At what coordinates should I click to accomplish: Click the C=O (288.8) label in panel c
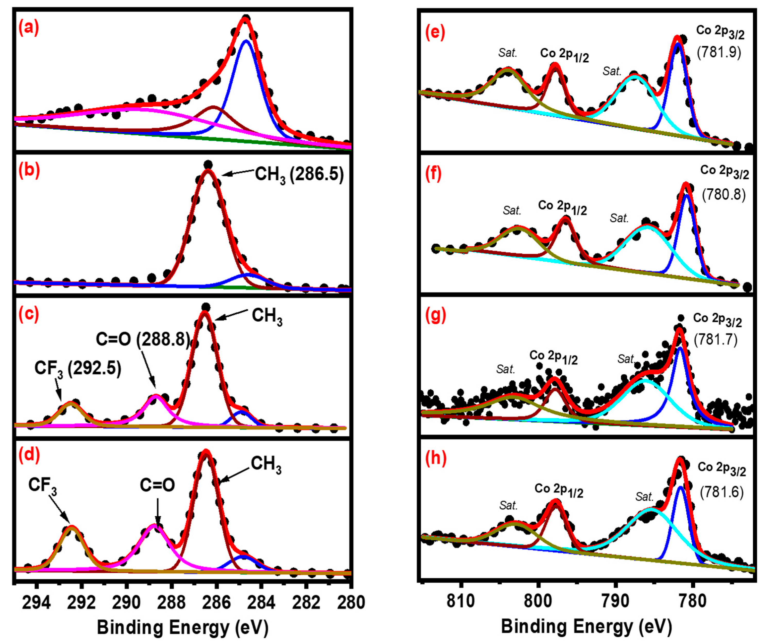pyautogui.click(x=143, y=339)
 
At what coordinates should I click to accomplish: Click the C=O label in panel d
pyautogui.click(x=157, y=485)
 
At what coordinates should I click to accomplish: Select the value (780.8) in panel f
pyautogui.click(x=724, y=195)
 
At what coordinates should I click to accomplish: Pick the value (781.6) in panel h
pyautogui.click(x=721, y=492)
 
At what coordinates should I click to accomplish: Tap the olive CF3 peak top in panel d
pyautogui.click(x=71, y=526)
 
